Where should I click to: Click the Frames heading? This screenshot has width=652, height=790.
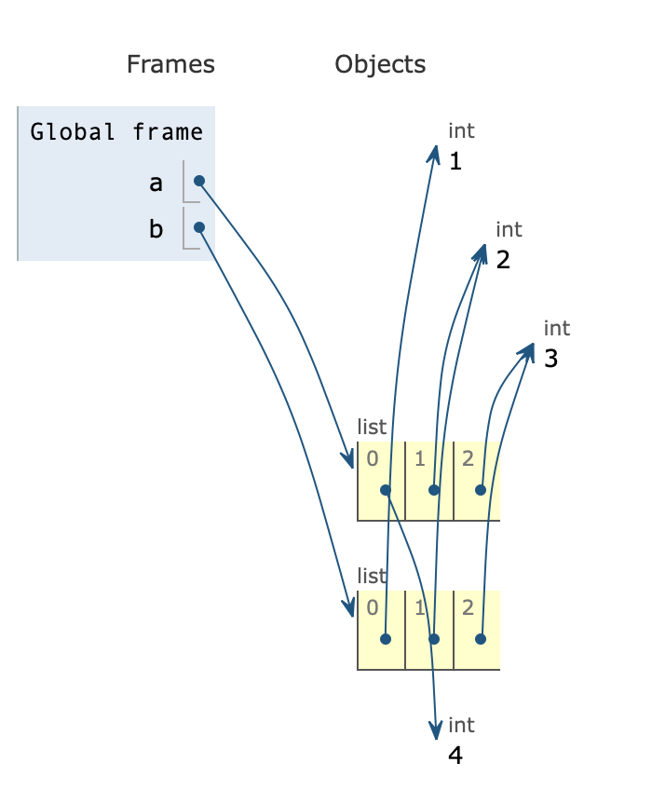click(x=170, y=64)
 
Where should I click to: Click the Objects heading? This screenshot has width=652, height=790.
click(x=380, y=64)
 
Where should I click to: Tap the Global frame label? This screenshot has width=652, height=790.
click(x=116, y=130)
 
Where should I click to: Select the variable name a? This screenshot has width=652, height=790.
click(x=156, y=183)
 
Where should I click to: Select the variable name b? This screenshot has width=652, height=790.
click(x=156, y=228)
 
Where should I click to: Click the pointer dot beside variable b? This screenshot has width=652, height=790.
click(x=198, y=226)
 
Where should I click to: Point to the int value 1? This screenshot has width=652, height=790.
click(x=455, y=162)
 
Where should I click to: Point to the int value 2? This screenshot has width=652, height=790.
click(x=503, y=260)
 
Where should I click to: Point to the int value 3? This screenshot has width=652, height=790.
click(x=551, y=359)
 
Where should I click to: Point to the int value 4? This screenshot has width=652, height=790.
click(x=455, y=756)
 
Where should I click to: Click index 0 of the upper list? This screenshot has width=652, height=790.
click(x=373, y=457)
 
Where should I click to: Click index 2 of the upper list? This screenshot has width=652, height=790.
click(x=468, y=457)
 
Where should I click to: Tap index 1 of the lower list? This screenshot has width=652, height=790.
click(x=420, y=608)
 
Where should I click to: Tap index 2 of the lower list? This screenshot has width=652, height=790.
click(x=468, y=608)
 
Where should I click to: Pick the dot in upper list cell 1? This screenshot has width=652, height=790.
click(x=433, y=490)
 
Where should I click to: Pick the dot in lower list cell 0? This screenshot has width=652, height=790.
click(x=386, y=639)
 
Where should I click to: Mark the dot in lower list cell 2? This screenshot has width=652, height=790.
click(x=481, y=639)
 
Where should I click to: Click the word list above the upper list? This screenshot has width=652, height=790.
click(x=372, y=427)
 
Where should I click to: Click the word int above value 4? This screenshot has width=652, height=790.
click(x=461, y=725)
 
